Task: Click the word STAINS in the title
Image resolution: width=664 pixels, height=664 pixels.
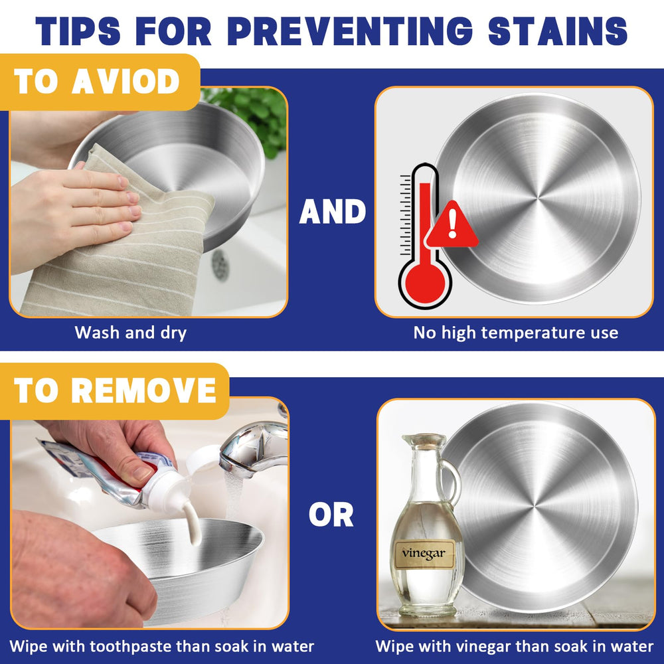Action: [558, 31]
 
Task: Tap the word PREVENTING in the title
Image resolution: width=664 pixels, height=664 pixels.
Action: [350, 31]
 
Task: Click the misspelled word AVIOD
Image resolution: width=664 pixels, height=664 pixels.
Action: [126, 81]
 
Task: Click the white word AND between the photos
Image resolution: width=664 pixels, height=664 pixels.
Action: [333, 212]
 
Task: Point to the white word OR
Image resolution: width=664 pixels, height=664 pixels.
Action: [331, 515]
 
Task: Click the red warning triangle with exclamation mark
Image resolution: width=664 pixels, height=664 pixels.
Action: [452, 225]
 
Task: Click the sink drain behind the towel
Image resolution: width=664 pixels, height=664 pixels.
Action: [220, 265]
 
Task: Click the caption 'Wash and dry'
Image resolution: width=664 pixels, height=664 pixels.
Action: [130, 333]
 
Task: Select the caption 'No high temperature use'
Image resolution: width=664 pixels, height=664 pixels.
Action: [515, 333]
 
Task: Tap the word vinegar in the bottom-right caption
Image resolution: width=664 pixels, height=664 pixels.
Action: [485, 647]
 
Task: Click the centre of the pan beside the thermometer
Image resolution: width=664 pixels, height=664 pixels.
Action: [539, 198]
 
